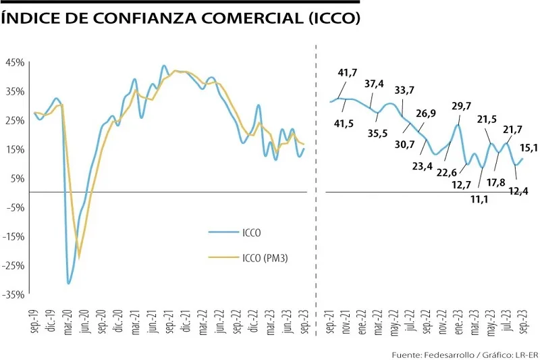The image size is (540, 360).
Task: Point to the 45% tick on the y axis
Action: [x=15, y=62]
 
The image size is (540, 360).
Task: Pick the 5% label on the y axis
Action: [x=17, y=178]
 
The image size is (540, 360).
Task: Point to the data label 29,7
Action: [x=462, y=106]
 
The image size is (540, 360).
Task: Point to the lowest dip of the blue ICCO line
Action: [x=69, y=283]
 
